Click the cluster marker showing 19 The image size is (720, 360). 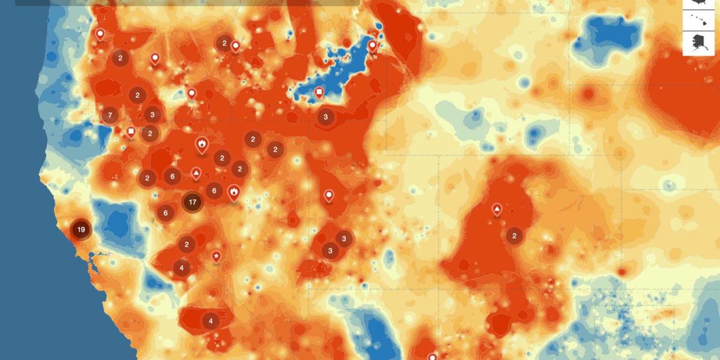pyautogui.click(x=80, y=229)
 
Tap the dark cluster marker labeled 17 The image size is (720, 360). pyautogui.click(x=193, y=202)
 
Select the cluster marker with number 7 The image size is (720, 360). pyautogui.click(x=110, y=115)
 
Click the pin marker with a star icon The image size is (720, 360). pyautogui.click(x=217, y=256)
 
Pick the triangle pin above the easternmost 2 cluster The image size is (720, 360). pyautogui.click(x=497, y=209)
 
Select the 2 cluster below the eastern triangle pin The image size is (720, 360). pyautogui.click(x=514, y=236)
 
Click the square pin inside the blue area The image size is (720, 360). pyautogui.click(x=320, y=92)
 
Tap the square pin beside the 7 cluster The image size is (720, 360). pyautogui.click(x=131, y=132)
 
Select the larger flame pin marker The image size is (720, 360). pyautogui.click(x=202, y=145)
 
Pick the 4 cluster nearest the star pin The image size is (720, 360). pyautogui.click(x=182, y=268)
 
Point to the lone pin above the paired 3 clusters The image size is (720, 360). pyautogui.click(x=329, y=195)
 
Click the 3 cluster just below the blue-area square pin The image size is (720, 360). pyautogui.click(x=326, y=117)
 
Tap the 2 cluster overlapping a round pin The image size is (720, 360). pyautogui.click(x=224, y=43)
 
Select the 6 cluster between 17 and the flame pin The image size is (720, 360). pyautogui.click(x=214, y=191)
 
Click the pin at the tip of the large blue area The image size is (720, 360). pyautogui.click(x=372, y=46)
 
